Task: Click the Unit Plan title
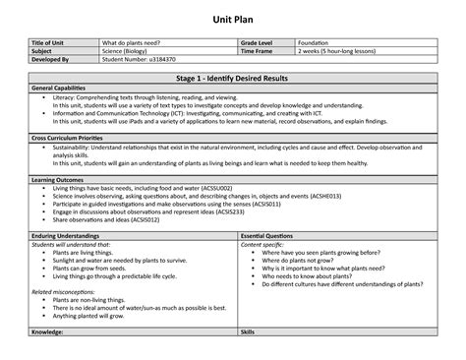tap(233, 18)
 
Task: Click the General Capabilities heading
tap(69, 88)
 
